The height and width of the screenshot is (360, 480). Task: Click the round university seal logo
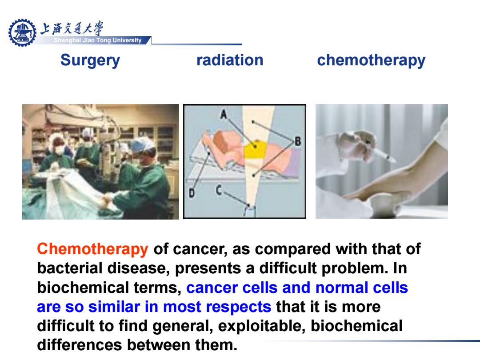tap(22, 32)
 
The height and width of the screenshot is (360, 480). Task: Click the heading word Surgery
tap(90, 60)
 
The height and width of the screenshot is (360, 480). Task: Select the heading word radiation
tap(230, 60)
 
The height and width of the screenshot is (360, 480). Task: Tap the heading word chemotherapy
tap(371, 60)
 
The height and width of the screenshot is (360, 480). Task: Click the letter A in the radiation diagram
tap(224, 114)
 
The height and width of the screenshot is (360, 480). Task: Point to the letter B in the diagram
tap(297, 141)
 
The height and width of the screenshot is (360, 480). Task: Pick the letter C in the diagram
tap(219, 190)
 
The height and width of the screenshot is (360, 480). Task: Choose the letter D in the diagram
tap(192, 193)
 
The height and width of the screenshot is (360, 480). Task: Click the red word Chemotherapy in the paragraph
tap(92, 249)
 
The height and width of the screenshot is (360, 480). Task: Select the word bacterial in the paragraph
tap(70, 268)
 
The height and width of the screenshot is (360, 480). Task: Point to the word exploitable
tap(262, 326)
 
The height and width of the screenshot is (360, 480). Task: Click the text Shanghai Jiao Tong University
tap(98, 40)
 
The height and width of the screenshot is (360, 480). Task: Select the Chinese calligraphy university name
tap(72, 28)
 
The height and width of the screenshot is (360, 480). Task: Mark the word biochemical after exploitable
tap(356, 326)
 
